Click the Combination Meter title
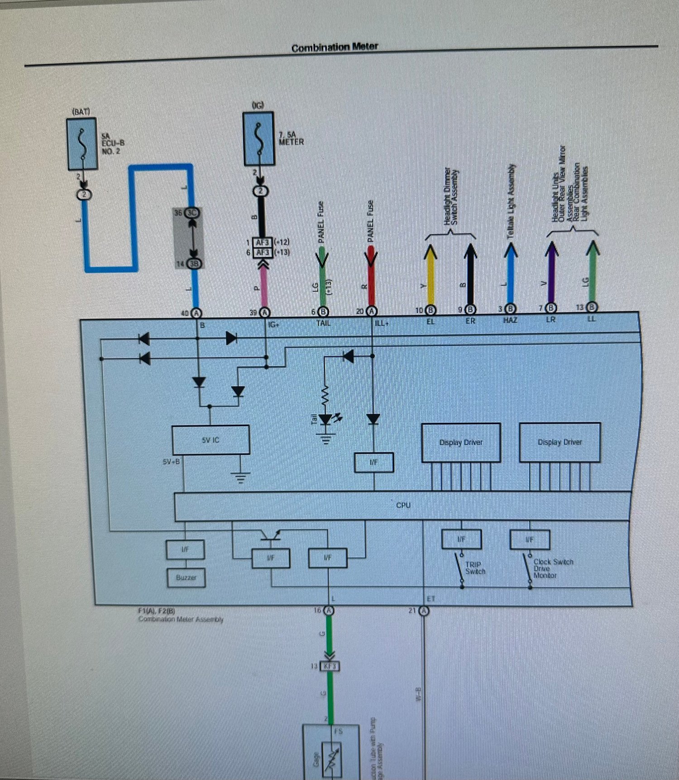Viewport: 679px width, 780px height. pos(335,47)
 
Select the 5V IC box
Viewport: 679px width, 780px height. pos(210,440)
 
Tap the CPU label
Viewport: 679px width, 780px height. pos(403,505)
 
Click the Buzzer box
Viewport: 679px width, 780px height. pos(186,578)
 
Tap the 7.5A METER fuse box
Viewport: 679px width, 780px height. pos(259,139)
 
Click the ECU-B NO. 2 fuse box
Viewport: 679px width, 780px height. pos(82,144)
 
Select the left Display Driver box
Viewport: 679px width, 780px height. pos(461,442)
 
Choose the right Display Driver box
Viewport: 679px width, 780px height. pos(559,442)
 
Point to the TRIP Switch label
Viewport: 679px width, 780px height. pos(475,568)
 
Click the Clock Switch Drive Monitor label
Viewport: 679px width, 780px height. pos(552,568)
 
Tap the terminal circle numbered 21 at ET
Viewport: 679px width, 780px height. pos(424,611)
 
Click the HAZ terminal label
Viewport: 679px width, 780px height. pos(510,320)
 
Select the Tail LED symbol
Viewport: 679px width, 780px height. pos(326,420)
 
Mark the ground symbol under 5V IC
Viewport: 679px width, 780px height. pos(240,477)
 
